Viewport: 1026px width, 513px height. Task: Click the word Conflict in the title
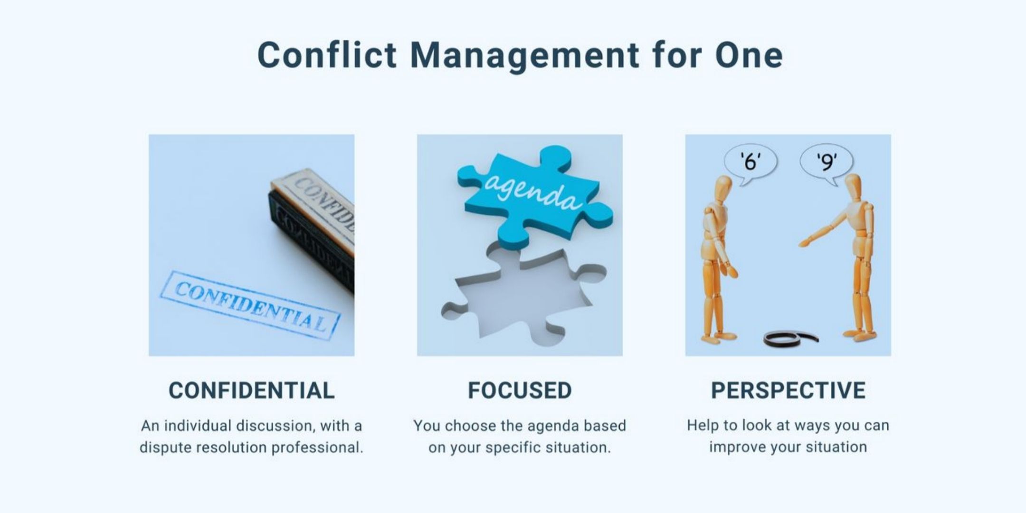327,55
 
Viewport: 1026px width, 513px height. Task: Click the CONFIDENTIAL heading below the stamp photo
252,390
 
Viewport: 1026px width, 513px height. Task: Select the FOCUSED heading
520,390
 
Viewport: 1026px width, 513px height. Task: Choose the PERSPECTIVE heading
788,390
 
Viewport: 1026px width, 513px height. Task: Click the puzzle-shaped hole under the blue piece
522,297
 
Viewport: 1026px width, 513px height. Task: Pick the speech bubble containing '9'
826,164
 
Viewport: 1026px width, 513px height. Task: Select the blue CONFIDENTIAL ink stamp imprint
250,304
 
